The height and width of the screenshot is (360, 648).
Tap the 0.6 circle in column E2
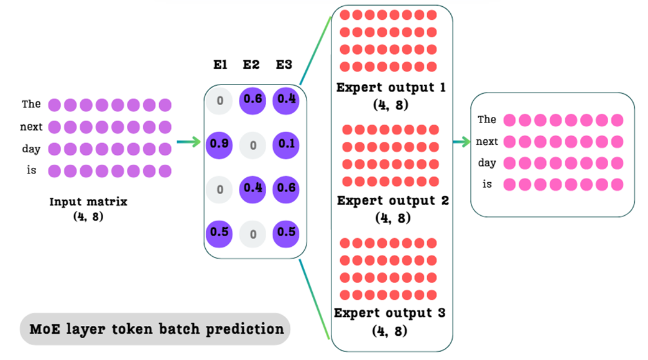pyautogui.click(x=252, y=99)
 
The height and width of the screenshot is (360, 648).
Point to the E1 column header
pyautogui.click(x=220, y=64)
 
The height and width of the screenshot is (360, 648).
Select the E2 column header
pyautogui.click(x=251, y=64)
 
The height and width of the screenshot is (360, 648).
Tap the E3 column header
pyautogui.click(x=284, y=64)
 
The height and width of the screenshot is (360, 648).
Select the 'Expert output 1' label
pyautogui.click(x=391, y=88)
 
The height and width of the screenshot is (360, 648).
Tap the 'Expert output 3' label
pyautogui.click(x=390, y=313)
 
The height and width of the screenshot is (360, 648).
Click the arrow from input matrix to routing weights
pyautogui.click(x=188, y=142)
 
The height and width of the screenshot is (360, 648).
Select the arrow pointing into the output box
pyautogui.click(x=460, y=142)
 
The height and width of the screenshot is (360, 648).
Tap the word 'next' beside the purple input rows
pyautogui.click(x=31, y=127)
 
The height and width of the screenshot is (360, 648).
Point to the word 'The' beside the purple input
pyautogui.click(x=31, y=104)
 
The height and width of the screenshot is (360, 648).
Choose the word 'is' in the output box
pyautogui.click(x=487, y=184)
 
